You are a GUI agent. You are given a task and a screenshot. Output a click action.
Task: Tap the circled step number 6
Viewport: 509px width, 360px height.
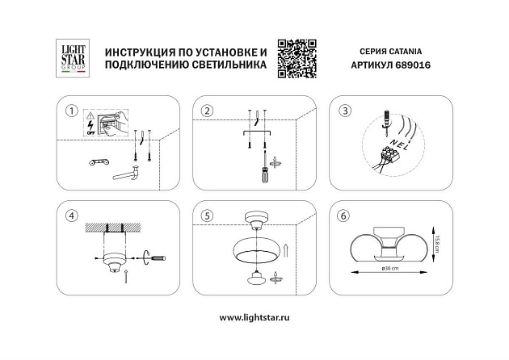pyautogui.click(x=345, y=216)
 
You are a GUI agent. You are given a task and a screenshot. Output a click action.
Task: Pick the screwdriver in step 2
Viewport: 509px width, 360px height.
pyautogui.click(x=262, y=171)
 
